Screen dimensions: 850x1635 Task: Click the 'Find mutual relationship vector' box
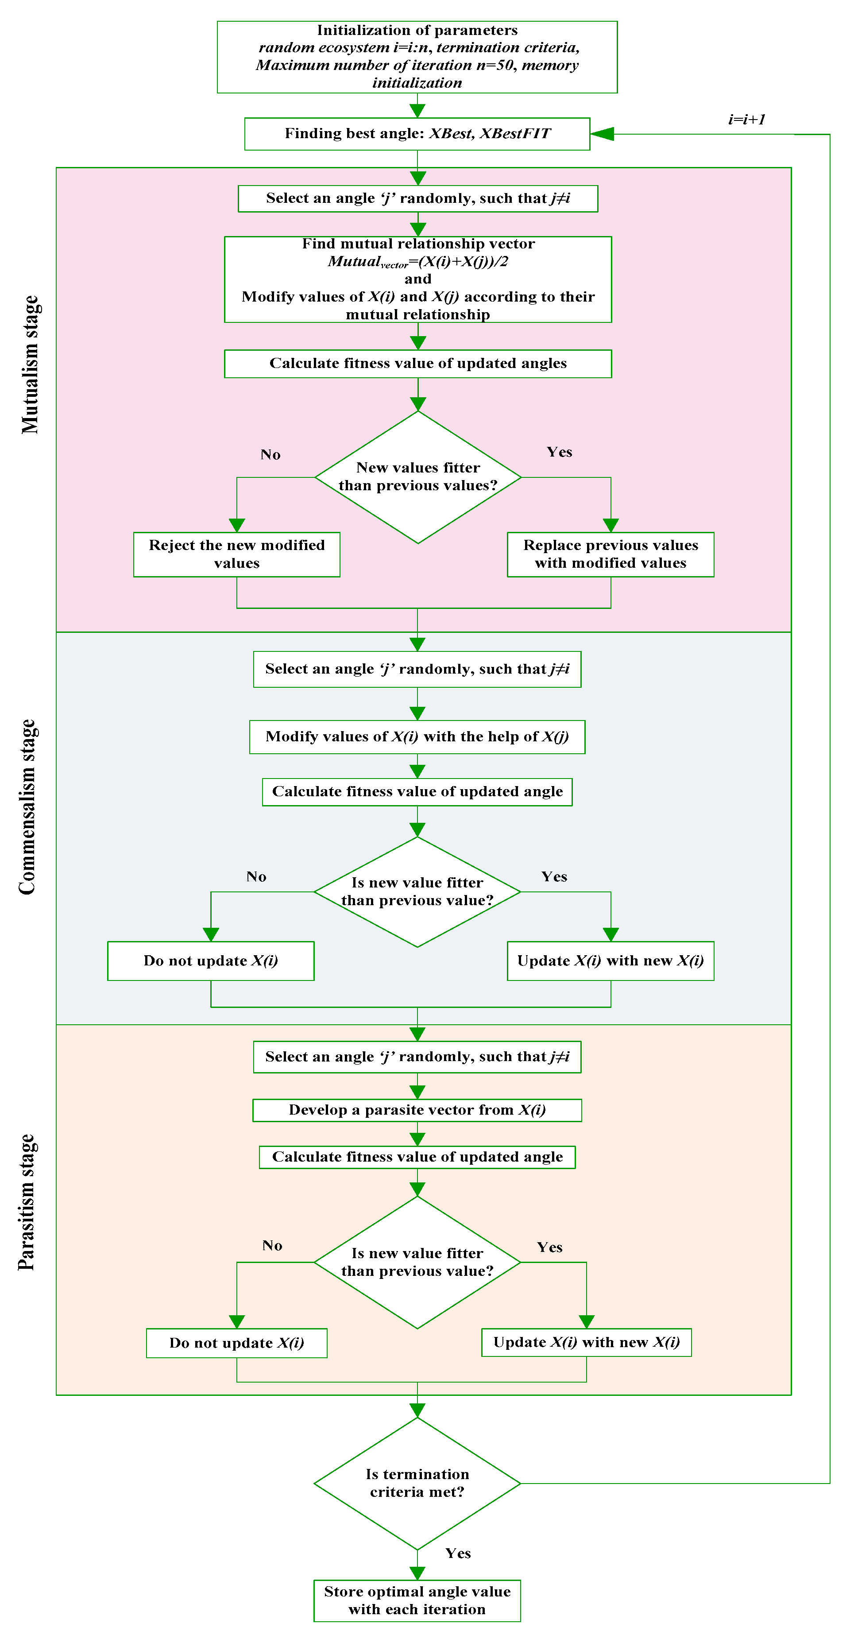tap(417, 279)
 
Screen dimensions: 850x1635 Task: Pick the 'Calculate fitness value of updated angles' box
tap(417, 364)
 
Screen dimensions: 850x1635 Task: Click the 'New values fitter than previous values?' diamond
tap(418, 477)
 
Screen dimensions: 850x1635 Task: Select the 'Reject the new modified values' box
tap(236, 554)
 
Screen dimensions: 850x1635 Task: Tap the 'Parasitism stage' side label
tap(27, 1201)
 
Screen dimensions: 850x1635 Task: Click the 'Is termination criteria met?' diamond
tap(417, 1483)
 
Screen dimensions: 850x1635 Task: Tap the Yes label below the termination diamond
tap(458, 1553)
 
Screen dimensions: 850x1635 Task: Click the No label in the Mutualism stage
tap(270, 454)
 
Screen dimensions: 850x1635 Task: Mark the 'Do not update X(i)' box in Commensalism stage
tap(211, 961)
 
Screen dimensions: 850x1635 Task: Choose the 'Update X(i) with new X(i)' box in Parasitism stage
tap(586, 1342)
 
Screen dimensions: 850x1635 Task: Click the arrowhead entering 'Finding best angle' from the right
tap(602, 134)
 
